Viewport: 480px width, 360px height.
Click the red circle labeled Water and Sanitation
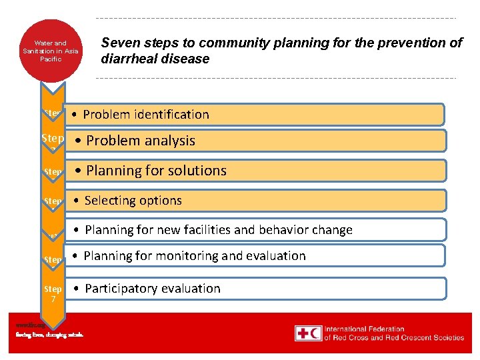click(51, 51)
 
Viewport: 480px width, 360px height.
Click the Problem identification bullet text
click(145, 115)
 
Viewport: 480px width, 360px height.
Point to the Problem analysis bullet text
click(140, 141)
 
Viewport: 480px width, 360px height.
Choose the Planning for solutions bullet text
click(156, 171)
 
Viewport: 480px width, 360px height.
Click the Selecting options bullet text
click(133, 201)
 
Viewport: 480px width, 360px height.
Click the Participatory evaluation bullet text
click(152, 289)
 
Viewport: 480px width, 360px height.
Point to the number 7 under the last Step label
click(53, 299)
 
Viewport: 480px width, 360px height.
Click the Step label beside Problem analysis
click(53, 138)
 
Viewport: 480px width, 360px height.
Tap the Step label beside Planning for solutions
click(53, 172)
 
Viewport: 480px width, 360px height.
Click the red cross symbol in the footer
click(303, 333)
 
